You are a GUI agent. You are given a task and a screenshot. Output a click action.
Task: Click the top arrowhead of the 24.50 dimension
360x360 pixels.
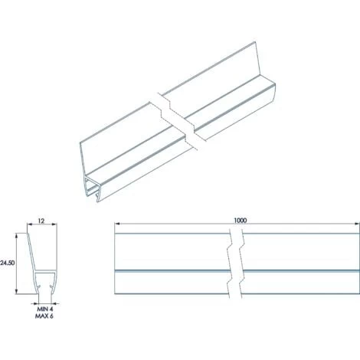pos(18,237)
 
